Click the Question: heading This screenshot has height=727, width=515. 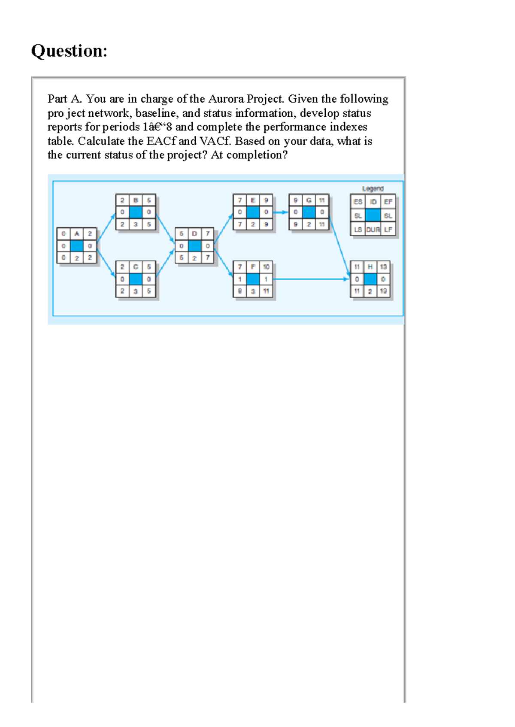(69, 51)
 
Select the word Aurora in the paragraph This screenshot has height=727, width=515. (226, 99)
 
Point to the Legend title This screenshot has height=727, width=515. (373, 188)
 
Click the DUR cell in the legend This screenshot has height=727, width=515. (373, 230)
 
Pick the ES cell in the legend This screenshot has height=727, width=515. (357, 202)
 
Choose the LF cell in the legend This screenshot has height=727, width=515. (388, 230)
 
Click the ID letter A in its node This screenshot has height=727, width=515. (76, 233)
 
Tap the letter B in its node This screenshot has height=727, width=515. (136, 200)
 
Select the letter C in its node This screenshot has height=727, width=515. (136, 267)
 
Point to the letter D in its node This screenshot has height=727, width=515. (194, 233)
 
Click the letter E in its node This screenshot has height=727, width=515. (253, 200)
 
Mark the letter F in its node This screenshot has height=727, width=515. (253, 267)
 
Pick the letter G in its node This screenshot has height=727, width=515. (309, 200)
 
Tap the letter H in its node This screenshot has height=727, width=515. (370, 267)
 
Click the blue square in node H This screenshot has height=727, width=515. (370, 279)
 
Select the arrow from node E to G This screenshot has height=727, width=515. (280, 212)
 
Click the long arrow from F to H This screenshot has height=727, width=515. (311, 279)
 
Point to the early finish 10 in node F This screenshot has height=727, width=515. (266, 267)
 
